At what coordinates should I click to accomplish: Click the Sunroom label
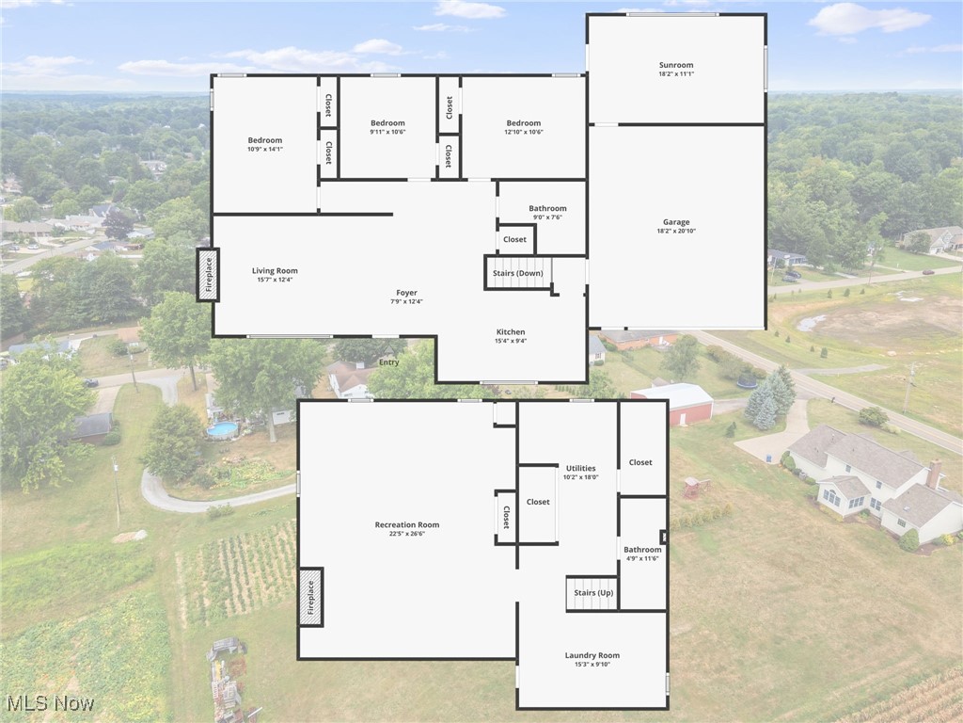(x=676, y=65)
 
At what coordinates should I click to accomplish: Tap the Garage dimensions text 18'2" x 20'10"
(x=676, y=232)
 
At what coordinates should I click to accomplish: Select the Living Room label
(x=275, y=270)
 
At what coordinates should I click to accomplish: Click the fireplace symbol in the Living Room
(x=208, y=274)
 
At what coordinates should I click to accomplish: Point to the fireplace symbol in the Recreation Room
(x=310, y=597)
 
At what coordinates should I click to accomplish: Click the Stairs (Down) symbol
(x=518, y=273)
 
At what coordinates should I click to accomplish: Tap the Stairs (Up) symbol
(x=592, y=593)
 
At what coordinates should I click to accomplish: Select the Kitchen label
(x=511, y=331)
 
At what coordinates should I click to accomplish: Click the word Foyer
(x=406, y=293)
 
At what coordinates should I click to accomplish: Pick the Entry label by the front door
(x=388, y=362)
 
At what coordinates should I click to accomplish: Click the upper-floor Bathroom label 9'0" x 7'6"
(x=547, y=208)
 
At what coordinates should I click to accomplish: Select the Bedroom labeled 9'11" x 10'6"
(x=387, y=123)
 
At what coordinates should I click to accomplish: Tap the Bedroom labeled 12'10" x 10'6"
(x=524, y=123)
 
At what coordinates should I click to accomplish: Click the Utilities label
(x=580, y=468)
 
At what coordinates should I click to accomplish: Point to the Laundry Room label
(x=592, y=655)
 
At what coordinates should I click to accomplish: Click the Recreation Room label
(x=406, y=524)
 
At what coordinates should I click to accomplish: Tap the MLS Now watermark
(x=49, y=702)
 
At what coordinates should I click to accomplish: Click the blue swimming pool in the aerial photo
(x=223, y=429)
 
